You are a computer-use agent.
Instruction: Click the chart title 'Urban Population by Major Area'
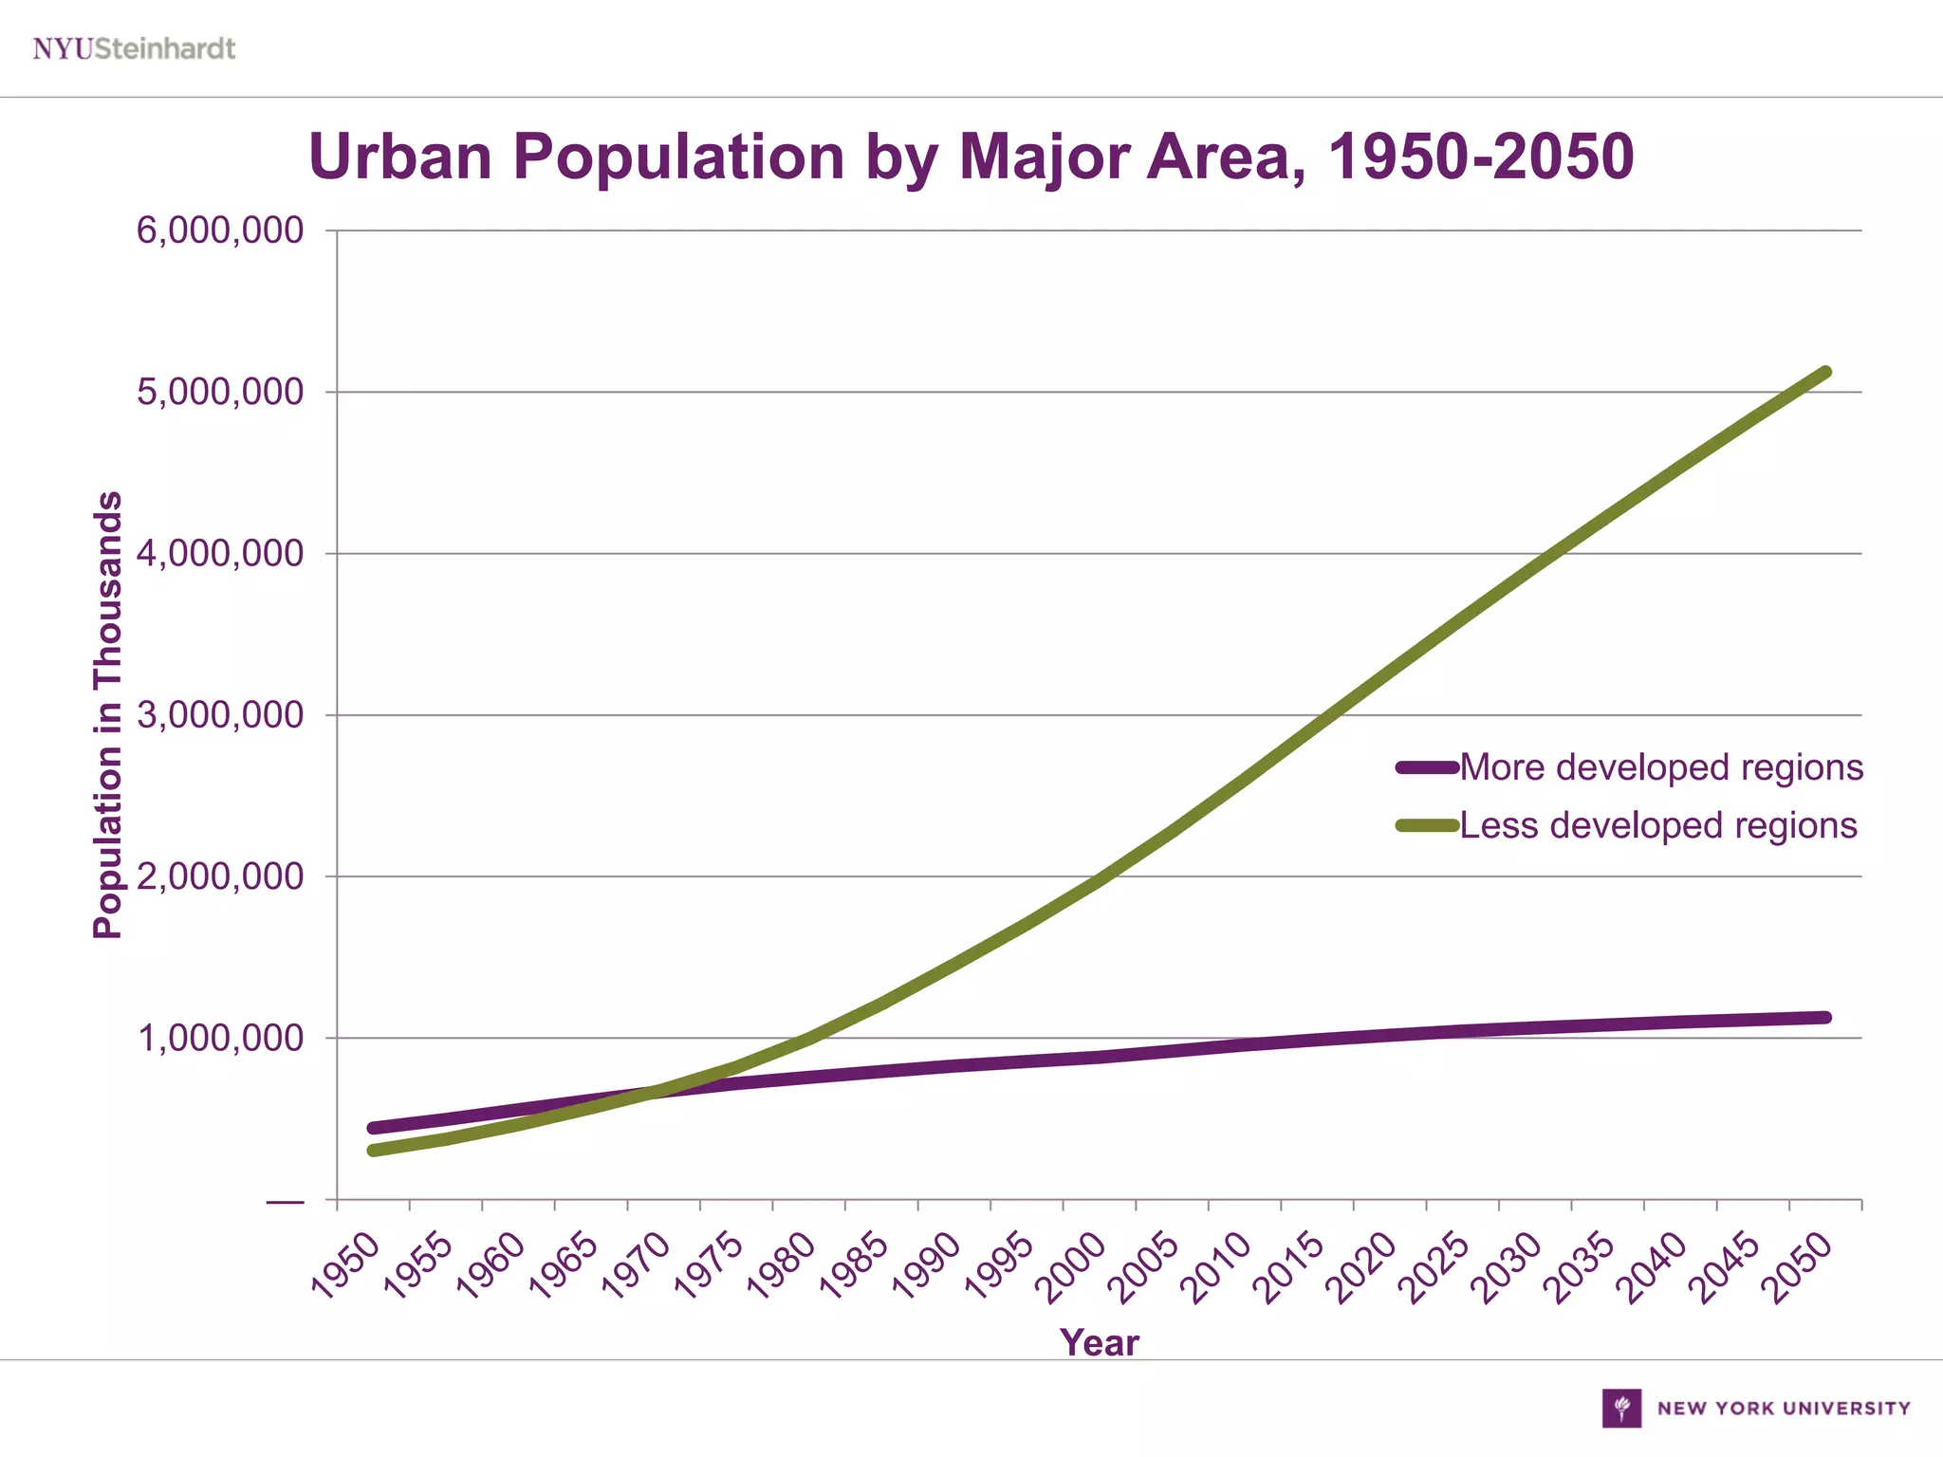[x=971, y=157]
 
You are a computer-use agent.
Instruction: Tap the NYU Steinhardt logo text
[x=134, y=48]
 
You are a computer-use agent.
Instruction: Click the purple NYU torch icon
[x=1621, y=1408]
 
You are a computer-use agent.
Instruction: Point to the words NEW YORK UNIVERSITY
[x=1784, y=1409]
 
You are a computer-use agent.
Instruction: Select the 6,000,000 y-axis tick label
[x=220, y=231]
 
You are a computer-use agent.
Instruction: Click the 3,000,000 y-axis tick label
[x=220, y=715]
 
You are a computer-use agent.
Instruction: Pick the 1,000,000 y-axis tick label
[x=220, y=1039]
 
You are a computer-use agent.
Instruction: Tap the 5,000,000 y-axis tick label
[x=220, y=392]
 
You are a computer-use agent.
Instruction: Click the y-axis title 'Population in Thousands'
[x=108, y=715]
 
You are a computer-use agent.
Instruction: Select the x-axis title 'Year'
[x=1099, y=1342]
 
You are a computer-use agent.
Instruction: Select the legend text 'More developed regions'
[x=1661, y=767]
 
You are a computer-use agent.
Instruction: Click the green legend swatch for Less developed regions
[x=1427, y=825]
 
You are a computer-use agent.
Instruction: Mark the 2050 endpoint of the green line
[x=1825, y=372]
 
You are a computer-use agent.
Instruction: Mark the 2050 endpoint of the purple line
[x=1825, y=1018]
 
